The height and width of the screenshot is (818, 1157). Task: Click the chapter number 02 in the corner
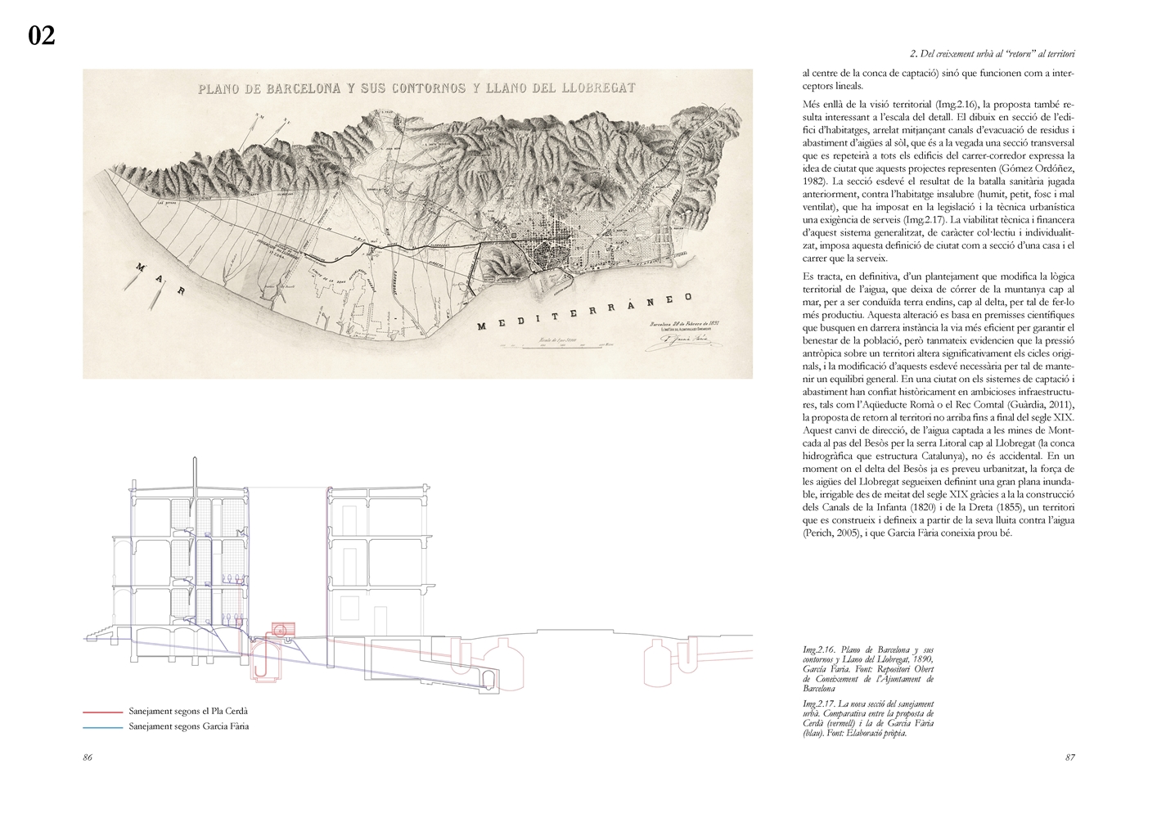[x=42, y=36]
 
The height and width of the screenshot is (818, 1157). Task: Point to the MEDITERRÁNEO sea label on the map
[x=585, y=311]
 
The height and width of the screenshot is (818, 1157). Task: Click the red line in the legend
[x=103, y=712]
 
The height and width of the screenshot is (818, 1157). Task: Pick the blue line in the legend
[x=103, y=726]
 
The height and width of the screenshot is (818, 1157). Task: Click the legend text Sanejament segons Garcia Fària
[x=188, y=726]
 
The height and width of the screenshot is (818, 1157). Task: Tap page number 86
[x=88, y=757]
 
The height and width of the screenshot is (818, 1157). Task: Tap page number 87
[x=1069, y=757]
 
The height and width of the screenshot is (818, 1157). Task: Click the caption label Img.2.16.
[x=820, y=649]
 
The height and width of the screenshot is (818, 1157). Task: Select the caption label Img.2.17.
[x=820, y=704]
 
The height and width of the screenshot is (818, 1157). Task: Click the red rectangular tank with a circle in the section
[x=281, y=630]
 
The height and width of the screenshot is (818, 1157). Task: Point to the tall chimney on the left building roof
[x=195, y=474]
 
